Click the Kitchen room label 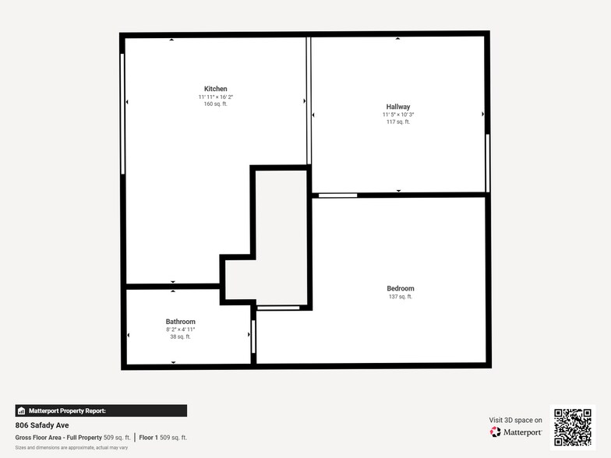216,89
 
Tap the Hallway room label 397,107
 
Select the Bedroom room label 401,288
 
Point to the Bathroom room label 180,322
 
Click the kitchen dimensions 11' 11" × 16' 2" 216,97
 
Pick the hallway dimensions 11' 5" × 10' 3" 397,114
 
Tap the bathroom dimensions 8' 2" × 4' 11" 180,329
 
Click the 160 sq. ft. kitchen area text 216,104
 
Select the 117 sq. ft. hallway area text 397,122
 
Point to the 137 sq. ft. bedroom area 401,297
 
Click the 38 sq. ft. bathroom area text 180,336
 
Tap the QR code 572,427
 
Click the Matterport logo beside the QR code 516,432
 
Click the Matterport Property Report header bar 101,410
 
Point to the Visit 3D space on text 515,420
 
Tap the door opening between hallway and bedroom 337,195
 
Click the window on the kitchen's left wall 122,114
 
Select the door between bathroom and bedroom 253,336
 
